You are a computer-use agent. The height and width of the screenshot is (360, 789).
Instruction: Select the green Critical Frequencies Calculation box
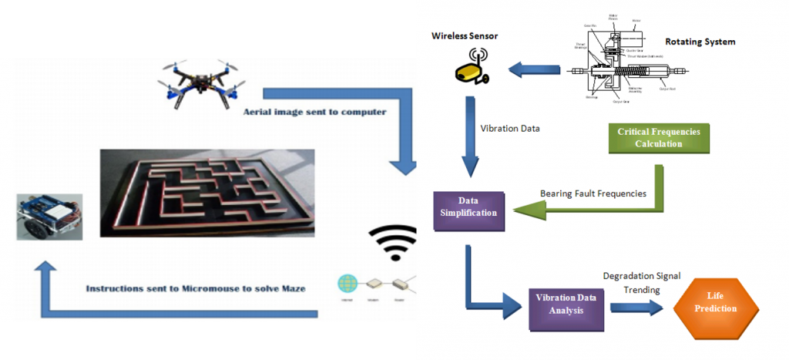tap(659, 138)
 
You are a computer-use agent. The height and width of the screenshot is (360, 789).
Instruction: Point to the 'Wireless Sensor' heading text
tap(465, 35)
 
